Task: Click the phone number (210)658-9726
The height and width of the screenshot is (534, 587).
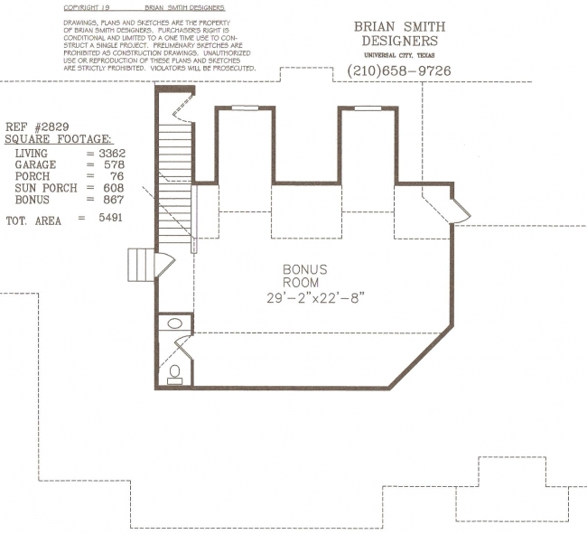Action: (x=399, y=70)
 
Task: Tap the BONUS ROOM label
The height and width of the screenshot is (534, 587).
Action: (x=304, y=276)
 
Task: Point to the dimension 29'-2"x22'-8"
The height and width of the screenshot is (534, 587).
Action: (x=315, y=298)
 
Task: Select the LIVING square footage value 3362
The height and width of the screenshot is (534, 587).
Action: (x=112, y=154)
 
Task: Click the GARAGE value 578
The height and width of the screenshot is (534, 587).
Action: (x=114, y=164)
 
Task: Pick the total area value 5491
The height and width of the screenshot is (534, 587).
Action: (x=110, y=218)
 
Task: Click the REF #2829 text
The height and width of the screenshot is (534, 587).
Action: (x=37, y=126)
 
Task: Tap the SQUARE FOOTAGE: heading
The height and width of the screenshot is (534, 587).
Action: (x=59, y=139)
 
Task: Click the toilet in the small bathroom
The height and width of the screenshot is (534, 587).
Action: (x=174, y=375)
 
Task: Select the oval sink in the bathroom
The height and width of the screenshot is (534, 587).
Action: (x=174, y=323)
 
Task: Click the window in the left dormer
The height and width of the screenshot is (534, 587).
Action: (x=245, y=108)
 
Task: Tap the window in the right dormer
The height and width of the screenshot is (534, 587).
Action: (x=368, y=108)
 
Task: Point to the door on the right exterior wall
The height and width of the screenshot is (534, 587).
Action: (x=460, y=211)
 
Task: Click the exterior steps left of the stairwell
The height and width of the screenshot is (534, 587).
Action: (x=141, y=265)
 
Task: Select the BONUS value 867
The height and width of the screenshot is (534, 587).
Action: (x=114, y=200)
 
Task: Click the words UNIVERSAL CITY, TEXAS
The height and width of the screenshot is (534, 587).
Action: (x=399, y=55)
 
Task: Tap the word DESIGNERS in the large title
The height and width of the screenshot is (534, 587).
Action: (x=400, y=41)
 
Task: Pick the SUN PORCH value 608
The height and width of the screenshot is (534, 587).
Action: (x=114, y=188)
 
